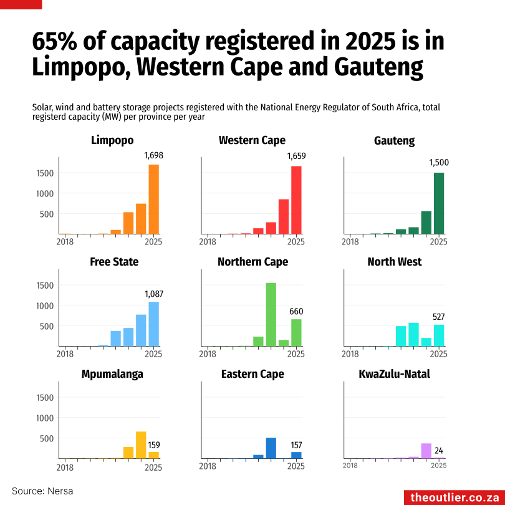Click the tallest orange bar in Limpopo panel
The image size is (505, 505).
(153, 199)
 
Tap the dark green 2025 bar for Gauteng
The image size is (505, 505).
(439, 203)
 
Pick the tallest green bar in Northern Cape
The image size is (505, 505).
(271, 314)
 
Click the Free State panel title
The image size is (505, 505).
(114, 261)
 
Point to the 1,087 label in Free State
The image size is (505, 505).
(153, 294)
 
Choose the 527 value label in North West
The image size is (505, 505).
(439, 317)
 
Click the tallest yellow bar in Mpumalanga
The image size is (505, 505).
(141, 445)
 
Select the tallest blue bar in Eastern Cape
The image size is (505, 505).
(271, 448)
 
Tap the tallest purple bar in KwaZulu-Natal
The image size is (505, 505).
(426, 451)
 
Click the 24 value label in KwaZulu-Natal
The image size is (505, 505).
(439, 451)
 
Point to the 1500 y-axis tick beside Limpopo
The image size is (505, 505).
(46, 173)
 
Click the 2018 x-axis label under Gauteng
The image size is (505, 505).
(350, 242)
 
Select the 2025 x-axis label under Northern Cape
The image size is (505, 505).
(296, 354)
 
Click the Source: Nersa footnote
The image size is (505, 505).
(42, 491)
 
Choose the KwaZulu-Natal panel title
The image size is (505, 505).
(394, 374)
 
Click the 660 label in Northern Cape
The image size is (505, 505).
(296, 311)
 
